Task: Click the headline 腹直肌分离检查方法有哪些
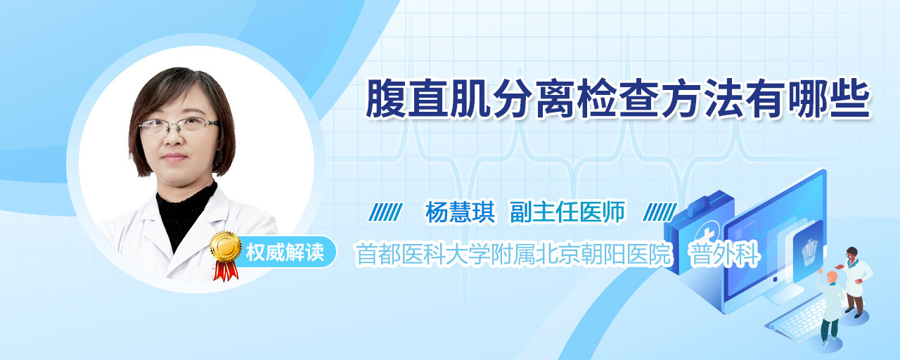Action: [x=618, y=98]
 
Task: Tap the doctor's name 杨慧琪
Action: [x=460, y=212]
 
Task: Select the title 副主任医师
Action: [x=567, y=212]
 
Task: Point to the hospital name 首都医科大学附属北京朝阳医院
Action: [x=514, y=254]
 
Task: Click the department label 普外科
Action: [x=724, y=254]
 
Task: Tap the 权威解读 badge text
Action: [x=285, y=252]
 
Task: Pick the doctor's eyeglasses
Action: [x=179, y=126]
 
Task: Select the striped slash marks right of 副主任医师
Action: [x=660, y=212]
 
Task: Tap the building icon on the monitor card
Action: [x=809, y=252]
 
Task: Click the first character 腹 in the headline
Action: [x=386, y=98]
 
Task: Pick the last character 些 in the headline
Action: [x=850, y=98]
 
